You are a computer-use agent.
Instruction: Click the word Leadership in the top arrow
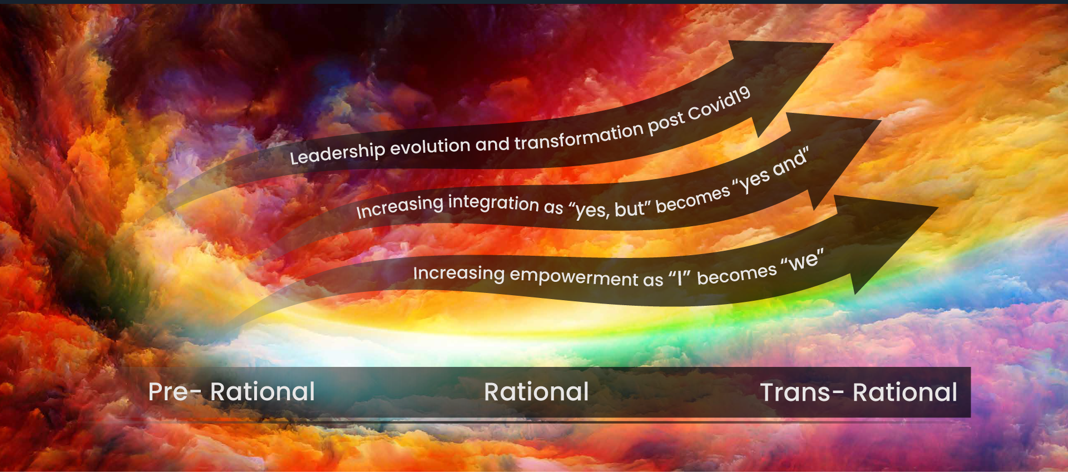pyautogui.click(x=337, y=152)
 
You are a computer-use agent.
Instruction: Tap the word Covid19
pyautogui.click(x=719, y=105)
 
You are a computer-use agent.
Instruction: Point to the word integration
pyautogui.click(x=493, y=202)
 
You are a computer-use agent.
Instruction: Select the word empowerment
pyautogui.click(x=574, y=277)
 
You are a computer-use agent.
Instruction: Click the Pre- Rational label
pyautogui.click(x=231, y=392)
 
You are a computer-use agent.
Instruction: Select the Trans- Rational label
pyautogui.click(x=858, y=392)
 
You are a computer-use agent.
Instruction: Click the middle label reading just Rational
pyautogui.click(x=536, y=392)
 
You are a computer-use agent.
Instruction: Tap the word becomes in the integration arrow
pyautogui.click(x=693, y=199)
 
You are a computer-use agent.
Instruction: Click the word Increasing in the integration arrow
pyautogui.click(x=400, y=208)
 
